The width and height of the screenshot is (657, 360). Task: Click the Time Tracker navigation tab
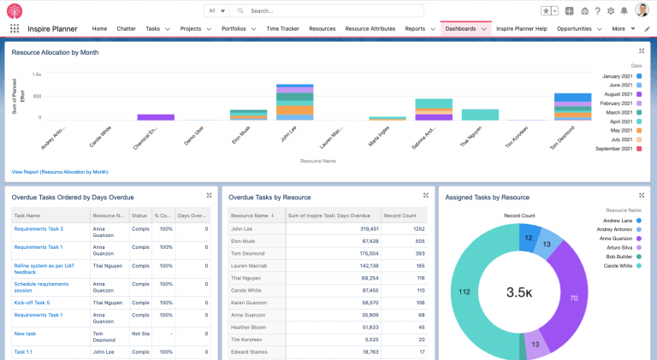pyautogui.click(x=282, y=28)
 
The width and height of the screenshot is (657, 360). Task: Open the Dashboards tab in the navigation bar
pyautogui.click(x=460, y=28)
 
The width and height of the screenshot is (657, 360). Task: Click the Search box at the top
pyautogui.click(x=325, y=11)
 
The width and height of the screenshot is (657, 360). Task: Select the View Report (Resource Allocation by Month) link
pyautogui.click(x=60, y=172)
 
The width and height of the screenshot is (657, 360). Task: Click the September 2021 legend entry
pyautogui.click(x=610, y=149)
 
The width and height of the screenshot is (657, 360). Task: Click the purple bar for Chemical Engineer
pyautogui.click(x=156, y=117)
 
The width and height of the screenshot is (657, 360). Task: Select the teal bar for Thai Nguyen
pyautogui.click(x=479, y=115)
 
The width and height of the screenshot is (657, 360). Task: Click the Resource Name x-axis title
pyautogui.click(x=317, y=160)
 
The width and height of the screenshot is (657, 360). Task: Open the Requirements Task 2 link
pyautogui.click(x=38, y=229)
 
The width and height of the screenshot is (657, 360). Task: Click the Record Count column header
pyautogui.click(x=401, y=216)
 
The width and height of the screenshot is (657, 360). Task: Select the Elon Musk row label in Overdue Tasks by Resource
pyautogui.click(x=246, y=241)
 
